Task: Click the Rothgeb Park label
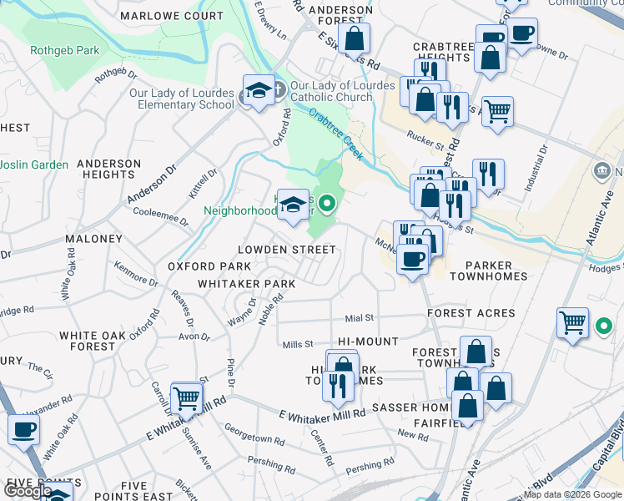click(x=64, y=51)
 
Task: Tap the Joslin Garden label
click(x=34, y=164)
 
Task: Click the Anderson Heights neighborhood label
click(x=108, y=169)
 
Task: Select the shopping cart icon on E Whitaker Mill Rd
click(x=187, y=398)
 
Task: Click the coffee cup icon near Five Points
click(x=24, y=430)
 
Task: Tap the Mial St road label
click(x=360, y=318)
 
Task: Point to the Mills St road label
click(x=297, y=344)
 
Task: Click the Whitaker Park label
click(x=246, y=284)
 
